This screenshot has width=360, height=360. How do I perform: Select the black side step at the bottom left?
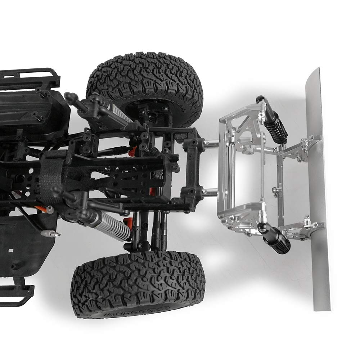click(16, 292)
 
